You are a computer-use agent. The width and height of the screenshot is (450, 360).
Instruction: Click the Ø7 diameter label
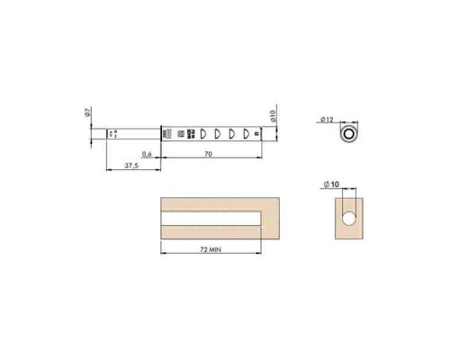[86, 113]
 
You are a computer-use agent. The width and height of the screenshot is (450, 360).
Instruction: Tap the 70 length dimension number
[208, 155]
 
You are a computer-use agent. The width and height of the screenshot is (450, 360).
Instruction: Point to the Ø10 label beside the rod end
[272, 116]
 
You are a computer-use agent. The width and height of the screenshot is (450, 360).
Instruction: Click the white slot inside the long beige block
[212, 217]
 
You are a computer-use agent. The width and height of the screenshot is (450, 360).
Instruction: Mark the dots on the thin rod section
[113, 133]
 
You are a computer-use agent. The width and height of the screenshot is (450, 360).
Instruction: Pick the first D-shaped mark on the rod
[202, 133]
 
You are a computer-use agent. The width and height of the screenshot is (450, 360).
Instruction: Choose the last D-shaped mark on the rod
[243, 133]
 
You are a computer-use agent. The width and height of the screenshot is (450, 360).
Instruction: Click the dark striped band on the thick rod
[167, 133]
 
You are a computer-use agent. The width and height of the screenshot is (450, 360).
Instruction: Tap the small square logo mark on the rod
[179, 133]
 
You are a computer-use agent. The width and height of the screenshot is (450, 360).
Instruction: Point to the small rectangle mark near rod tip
[256, 133]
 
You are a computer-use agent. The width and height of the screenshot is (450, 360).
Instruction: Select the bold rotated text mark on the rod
[190, 133]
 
